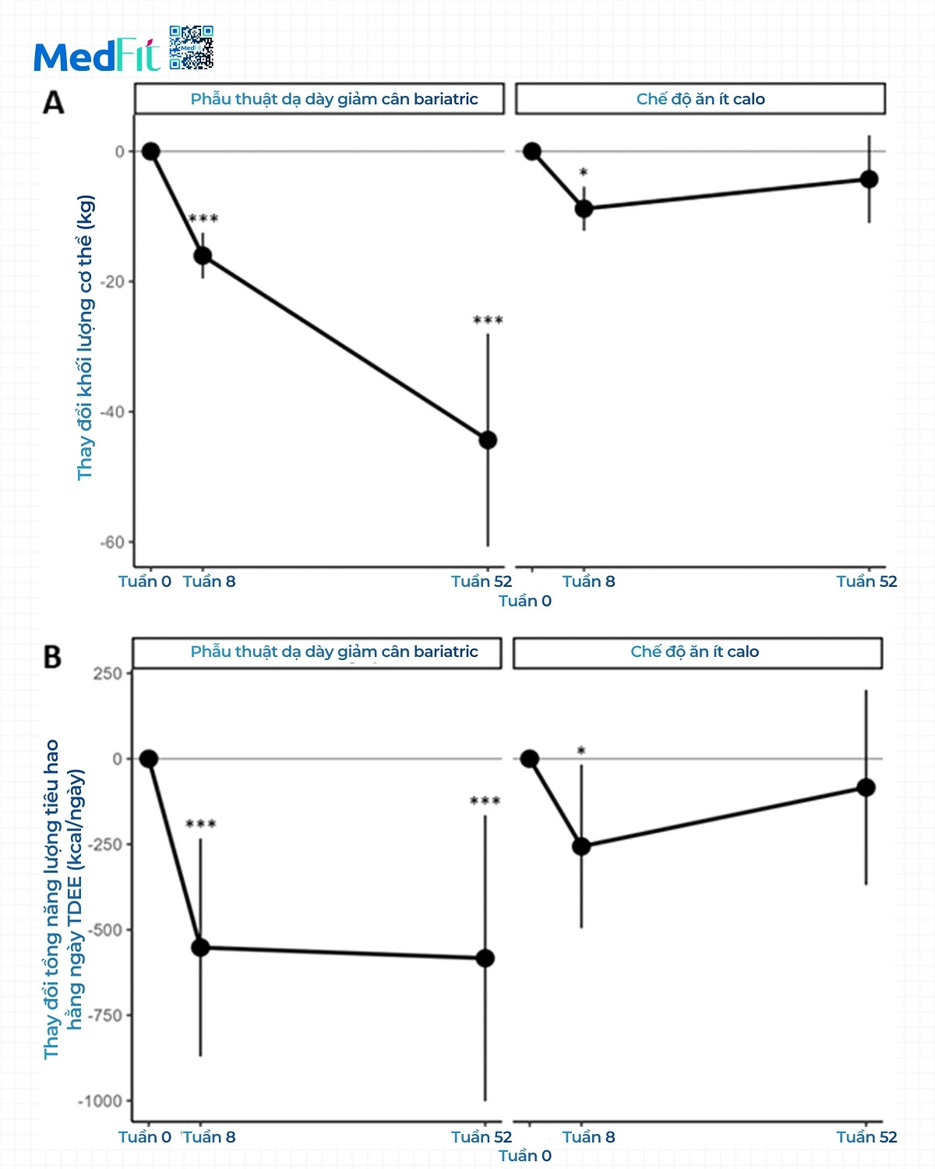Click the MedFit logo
click(x=97, y=56)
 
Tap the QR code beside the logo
click(x=191, y=48)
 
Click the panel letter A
click(x=53, y=102)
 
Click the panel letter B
click(x=52, y=657)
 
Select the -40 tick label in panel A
click(x=113, y=411)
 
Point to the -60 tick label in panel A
click(x=113, y=542)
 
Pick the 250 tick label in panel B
click(x=108, y=673)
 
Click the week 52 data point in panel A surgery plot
click(x=488, y=440)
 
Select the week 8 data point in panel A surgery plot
click(x=203, y=256)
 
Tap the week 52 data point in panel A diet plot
click(x=869, y=179)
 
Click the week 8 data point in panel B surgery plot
click(x=200, y=948)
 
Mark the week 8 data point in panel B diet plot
click(x=581, y=846)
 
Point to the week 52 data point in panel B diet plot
click(x=866, y=787)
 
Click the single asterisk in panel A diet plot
click(x=584, y=172)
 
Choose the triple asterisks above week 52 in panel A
click(x=488, y=320)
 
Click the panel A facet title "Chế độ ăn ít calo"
click(x=700, y=99)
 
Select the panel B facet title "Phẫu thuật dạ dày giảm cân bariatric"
click(x=334, y=652)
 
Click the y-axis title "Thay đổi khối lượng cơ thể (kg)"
click(x=85, y=337)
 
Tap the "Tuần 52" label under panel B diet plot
click(x=866, y=1137)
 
